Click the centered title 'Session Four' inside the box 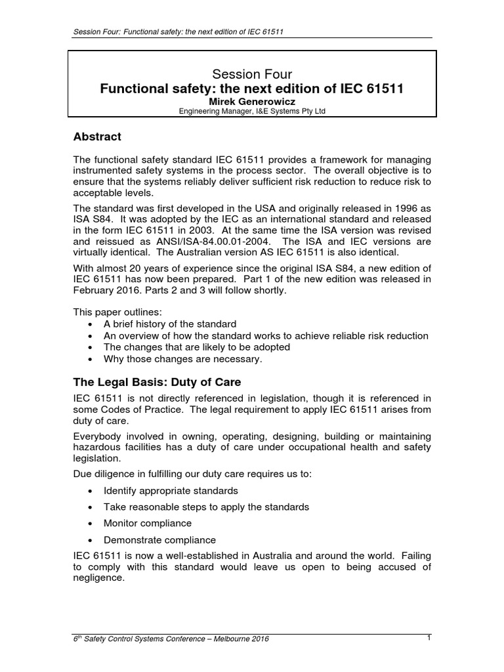pyautogui.click(x=253, y=75)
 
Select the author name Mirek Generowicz pyautogui.click(x=253, y=102)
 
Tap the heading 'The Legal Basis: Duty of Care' pyautogui.click(x=156, y=382)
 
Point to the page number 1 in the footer pyautogui.click(x=428, y=637)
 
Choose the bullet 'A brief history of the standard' pyautogui.click(x=170, y=324)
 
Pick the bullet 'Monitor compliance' pyautogui.click(x=148, y=524)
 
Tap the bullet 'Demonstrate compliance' pyautogui.click(x=159, y=540)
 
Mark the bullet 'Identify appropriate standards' pyautogui.click(x=171, y=491)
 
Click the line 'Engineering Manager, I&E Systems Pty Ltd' pyautogui.click(x=253, y=112)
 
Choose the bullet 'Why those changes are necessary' pyautogui.click(x=182, y=359)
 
